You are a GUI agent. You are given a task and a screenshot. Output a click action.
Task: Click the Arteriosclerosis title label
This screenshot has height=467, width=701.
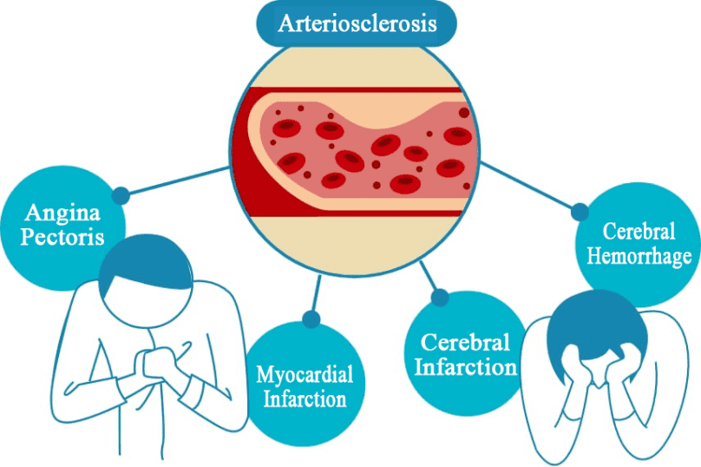[355, 23]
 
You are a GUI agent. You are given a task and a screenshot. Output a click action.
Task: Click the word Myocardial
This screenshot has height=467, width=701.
[305, 376]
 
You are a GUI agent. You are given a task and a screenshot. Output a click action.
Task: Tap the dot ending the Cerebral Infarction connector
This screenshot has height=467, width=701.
[440, 298]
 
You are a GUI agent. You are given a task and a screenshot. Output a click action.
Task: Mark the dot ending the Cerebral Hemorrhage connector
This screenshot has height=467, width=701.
[579, 210]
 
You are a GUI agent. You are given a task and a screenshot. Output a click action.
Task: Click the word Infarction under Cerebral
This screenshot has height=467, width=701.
[466, 367]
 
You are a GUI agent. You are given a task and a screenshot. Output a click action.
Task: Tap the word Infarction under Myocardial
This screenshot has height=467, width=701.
[304, 400]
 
